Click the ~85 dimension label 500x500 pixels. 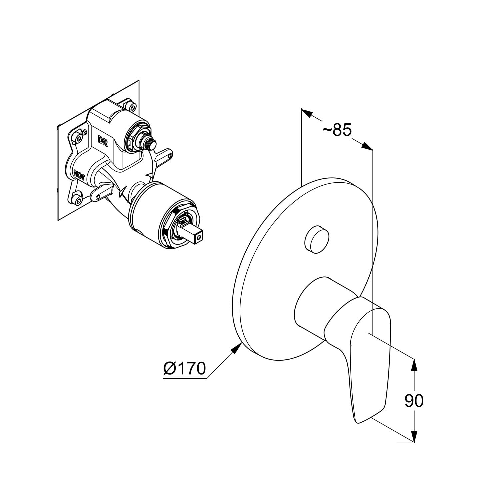coord(337,130)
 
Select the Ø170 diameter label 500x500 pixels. coord(184,368)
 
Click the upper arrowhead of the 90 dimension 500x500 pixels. coord(414,365)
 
